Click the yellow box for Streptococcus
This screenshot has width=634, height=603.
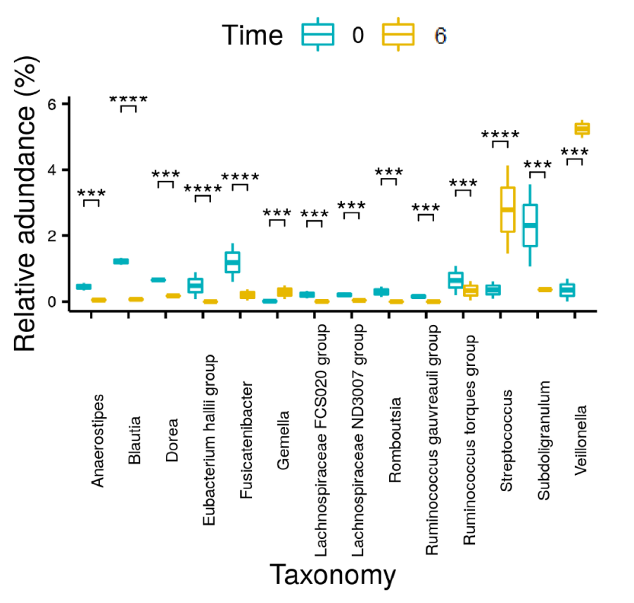point(507,210)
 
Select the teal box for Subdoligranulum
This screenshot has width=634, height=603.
point(530,225)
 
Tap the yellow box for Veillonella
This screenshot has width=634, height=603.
point(582,129)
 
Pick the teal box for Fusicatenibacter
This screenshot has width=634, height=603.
point(232,262)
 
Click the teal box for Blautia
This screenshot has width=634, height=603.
point(121,261)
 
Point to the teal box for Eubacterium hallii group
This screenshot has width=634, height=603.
point(196,286)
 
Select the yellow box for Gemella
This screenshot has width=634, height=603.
point(285,292)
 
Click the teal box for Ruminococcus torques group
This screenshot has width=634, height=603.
point(456,280)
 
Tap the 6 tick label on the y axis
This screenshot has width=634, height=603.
point(52,104)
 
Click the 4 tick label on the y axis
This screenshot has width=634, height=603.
point(52,170)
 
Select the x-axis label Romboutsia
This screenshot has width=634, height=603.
point(395,440)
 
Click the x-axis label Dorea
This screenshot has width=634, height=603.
point(172,440)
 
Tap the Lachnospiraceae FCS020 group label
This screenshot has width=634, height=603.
point(321,440)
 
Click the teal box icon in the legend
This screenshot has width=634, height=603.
point(318,34)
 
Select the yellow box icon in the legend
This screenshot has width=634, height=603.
point(398,34)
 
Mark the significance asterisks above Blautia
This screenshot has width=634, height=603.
point(129,99)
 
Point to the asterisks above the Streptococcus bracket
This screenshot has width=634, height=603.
point(500,134)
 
